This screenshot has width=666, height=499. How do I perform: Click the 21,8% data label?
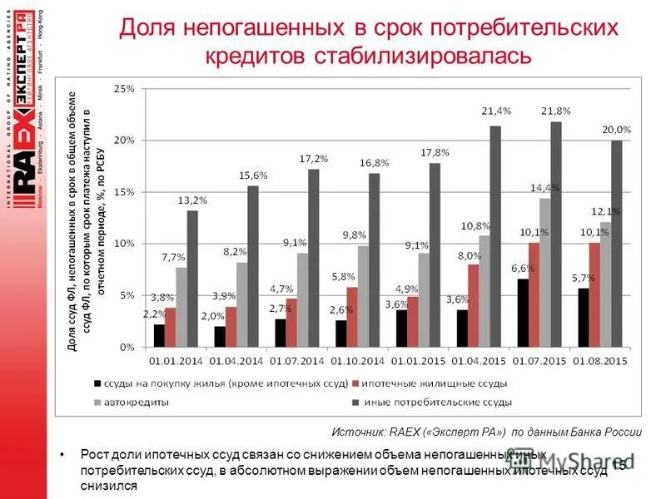click(556, 111)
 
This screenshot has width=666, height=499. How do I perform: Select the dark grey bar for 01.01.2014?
click(192, 279)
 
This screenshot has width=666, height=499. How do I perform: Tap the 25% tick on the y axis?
click(123, 88)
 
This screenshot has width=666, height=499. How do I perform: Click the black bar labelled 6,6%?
click(522, 313)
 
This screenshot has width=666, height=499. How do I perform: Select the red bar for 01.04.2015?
click(473, 305)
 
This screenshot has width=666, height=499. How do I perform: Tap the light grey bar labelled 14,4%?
click(544, 272)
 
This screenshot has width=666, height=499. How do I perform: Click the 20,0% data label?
click(616, 130)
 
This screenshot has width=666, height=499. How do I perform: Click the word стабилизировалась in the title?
click(421, 57)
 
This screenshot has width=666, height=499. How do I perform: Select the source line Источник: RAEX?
click(486, 432)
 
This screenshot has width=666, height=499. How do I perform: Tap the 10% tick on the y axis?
click(123, 243)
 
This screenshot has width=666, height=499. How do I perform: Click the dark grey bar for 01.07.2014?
click(313, 258)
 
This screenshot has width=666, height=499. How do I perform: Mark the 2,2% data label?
click(155, 314)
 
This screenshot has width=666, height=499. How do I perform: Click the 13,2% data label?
click(191, 200)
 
